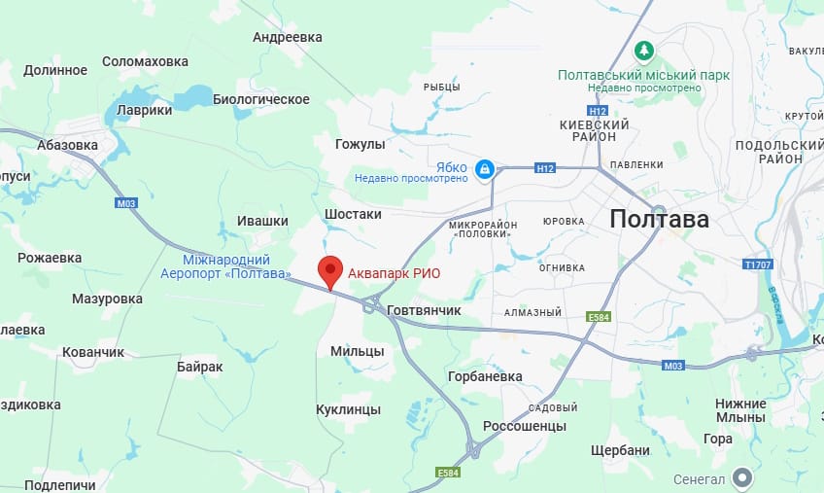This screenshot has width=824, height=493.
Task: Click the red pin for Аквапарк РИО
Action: click(331, 270)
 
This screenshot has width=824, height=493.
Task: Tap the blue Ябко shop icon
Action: click(484, 170)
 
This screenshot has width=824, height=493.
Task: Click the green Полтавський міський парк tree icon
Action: click(641, 50)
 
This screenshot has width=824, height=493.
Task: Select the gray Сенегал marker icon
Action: click(743, 476)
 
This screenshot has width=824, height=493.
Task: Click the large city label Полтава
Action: click(660, 219)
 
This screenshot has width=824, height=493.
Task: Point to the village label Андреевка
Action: click(287, 37)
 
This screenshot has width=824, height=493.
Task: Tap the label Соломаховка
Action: click(145, 61)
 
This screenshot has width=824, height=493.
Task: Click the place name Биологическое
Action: click(260, 99)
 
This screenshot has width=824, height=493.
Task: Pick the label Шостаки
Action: click(353, 214)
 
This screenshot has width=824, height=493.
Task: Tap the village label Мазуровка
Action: click(107, 299)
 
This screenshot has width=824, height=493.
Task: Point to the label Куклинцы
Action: click(349, 409)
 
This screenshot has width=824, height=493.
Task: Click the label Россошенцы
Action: click(525, 426)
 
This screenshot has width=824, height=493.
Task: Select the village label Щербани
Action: click(620, 450)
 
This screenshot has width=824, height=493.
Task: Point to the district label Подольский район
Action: click(768, 152)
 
